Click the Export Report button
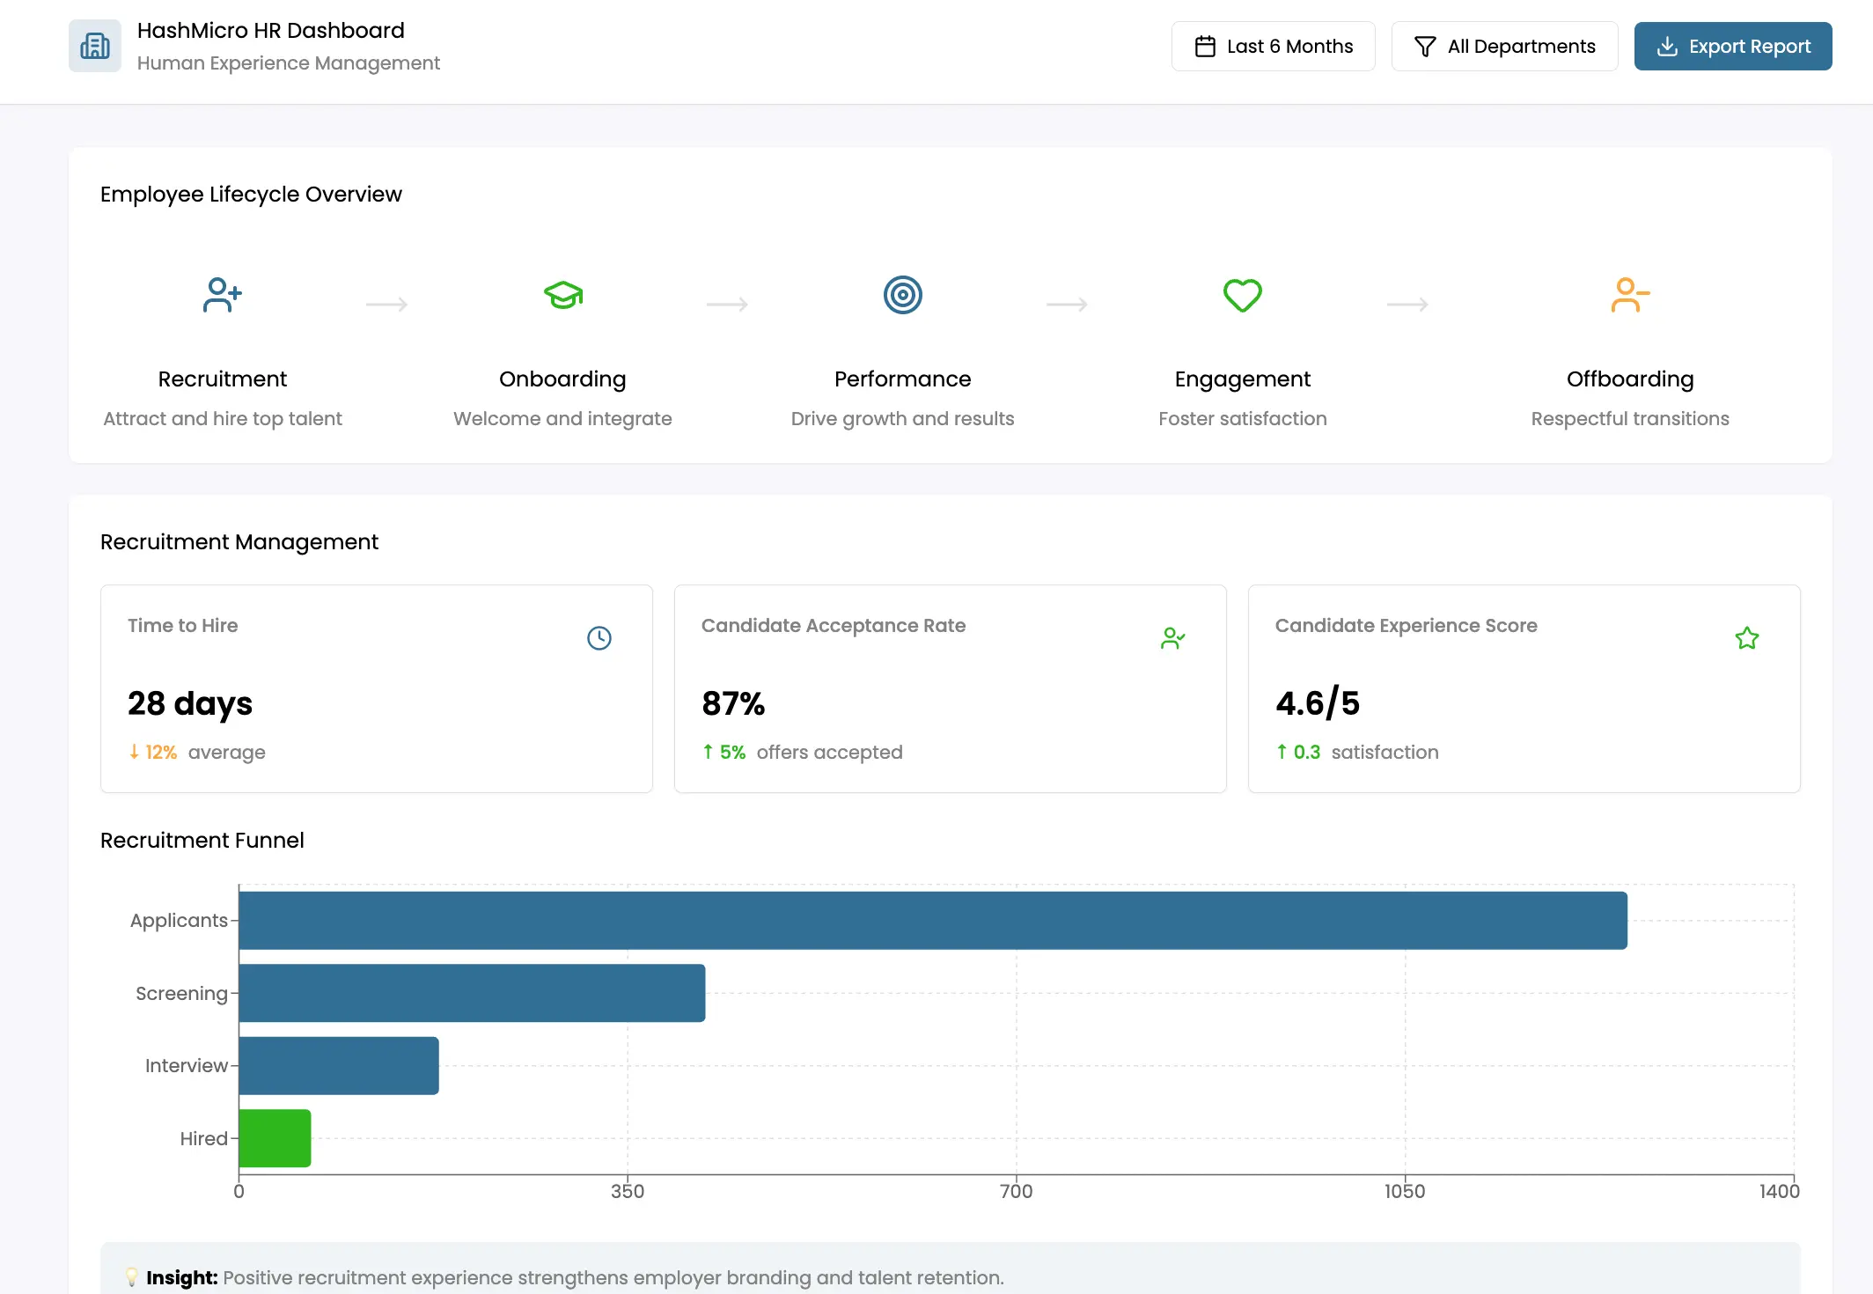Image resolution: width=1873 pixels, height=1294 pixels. click(1732, 47)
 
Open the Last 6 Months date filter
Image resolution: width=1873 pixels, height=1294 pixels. click(1273, 47)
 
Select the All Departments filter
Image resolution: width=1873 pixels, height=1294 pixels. click(1504, 47)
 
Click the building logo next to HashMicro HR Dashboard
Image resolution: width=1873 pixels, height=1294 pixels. click(95, 46)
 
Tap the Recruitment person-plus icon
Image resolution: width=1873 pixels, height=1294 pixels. click(222, 295)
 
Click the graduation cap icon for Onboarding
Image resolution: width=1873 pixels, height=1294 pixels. click(563, 295)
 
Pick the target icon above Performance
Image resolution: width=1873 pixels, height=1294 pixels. click(902, 295)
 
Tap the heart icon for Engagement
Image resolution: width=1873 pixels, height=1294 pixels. click(1242, 295)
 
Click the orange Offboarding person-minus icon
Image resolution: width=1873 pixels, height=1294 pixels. click(1629, 295)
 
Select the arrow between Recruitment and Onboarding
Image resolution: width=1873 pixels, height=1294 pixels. click(386, 305)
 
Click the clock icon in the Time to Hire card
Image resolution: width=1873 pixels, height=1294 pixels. click(599, 638)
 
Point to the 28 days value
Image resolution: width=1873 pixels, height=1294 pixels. click(190, 703)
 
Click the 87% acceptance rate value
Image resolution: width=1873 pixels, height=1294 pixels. click(733, 703)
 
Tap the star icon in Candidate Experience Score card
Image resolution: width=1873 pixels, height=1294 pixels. click(1746, 638)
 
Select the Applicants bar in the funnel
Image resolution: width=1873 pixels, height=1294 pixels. click(932, 920)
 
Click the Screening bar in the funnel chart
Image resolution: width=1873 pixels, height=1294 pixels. click(472, 993)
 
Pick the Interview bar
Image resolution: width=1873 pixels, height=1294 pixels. click(339, 1065)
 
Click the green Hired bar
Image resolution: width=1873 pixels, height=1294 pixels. click(275, 1138)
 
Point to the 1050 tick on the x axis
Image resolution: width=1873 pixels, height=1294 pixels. click(1404, 1192)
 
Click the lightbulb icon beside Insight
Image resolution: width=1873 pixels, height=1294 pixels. click(132, 1276)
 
